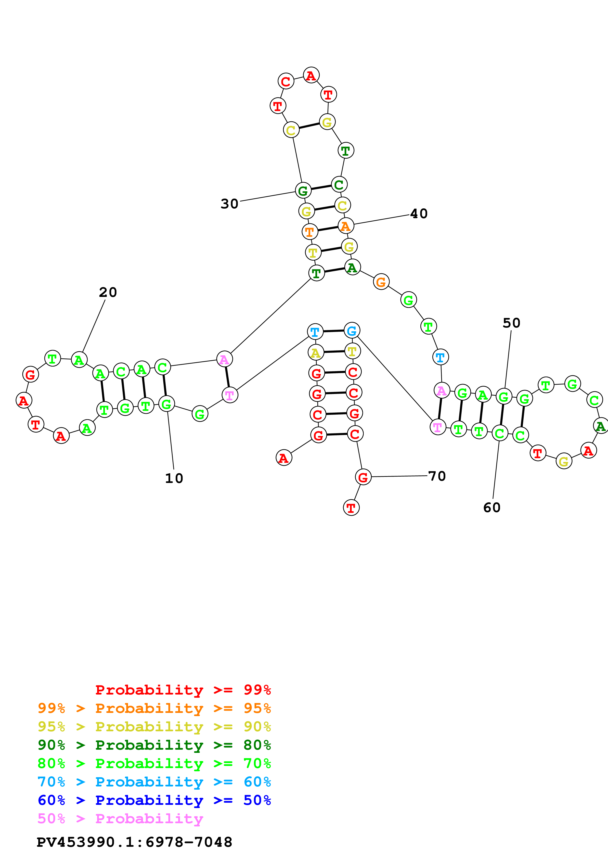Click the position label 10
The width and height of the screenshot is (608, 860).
tap(174, 478)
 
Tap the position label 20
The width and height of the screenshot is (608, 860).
tap(108, 292)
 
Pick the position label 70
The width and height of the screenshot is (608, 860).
tap(437, 476)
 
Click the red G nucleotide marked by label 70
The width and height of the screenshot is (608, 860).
tap(363, 477)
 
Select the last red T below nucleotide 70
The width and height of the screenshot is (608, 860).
tap(351, 508)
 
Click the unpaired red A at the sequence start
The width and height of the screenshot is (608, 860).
tap(284, 458)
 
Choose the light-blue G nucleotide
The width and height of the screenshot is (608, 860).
tap(352, 331)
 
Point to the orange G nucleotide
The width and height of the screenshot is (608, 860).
tap(381, 282)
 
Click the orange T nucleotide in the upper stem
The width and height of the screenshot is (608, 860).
tap(310, 232)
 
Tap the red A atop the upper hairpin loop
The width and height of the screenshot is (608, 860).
tap(311, 75)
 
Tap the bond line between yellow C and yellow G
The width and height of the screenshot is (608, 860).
tap(309, 126)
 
